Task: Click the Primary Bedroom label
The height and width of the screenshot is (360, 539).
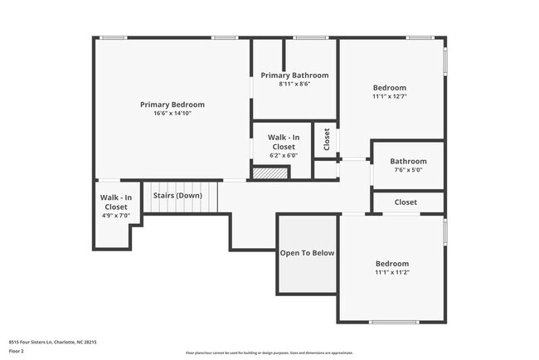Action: [x=172, y=105]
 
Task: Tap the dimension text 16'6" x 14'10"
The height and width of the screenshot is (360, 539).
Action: [x=172, y=114]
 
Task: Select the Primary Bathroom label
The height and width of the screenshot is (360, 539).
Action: [x=294, y=75]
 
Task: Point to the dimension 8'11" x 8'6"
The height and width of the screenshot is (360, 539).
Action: [x=294, y=84]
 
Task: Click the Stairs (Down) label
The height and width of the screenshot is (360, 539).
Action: [x=177, y=196]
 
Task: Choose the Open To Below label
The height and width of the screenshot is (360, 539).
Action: [x=307, y=253]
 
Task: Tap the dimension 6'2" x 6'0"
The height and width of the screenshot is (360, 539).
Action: [x=283, y=155]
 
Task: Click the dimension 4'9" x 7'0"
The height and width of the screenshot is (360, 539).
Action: [x=115, y=216]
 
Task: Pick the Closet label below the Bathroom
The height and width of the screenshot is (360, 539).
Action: [x=405, y=202]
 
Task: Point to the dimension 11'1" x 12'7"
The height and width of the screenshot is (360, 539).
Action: [x=389, y=97]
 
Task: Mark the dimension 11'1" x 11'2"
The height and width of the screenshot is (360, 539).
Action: [x=392, y=272]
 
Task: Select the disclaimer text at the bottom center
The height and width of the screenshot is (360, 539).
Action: [x=269, y=352]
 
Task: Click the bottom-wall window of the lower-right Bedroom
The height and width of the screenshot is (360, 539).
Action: [x=393, y=322]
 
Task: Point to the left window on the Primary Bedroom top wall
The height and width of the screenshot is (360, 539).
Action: [x=114, y=37]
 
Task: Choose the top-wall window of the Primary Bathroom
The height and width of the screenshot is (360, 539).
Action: [x=310, y=37]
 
